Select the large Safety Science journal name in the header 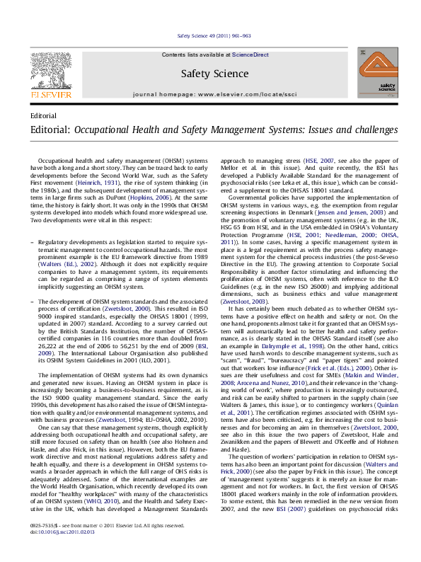coord(209,73)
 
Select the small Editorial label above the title coord(44,115)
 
